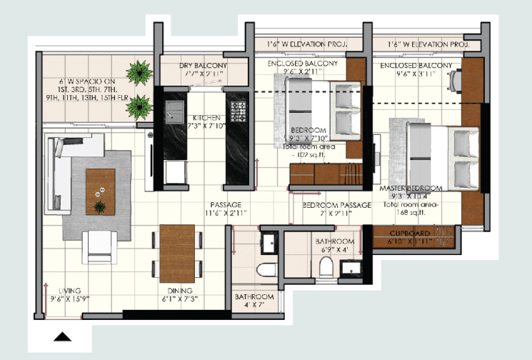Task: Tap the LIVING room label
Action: (x=69, y=291)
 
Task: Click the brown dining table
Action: (x=176, y=254)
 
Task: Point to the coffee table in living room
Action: (x=101, y=191)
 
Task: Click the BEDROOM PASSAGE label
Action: (x=336, y=205)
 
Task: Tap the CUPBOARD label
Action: (x=410, y=234)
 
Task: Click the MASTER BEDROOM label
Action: (x=411, y=188)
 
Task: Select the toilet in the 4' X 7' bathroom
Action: (x=266, y=271)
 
